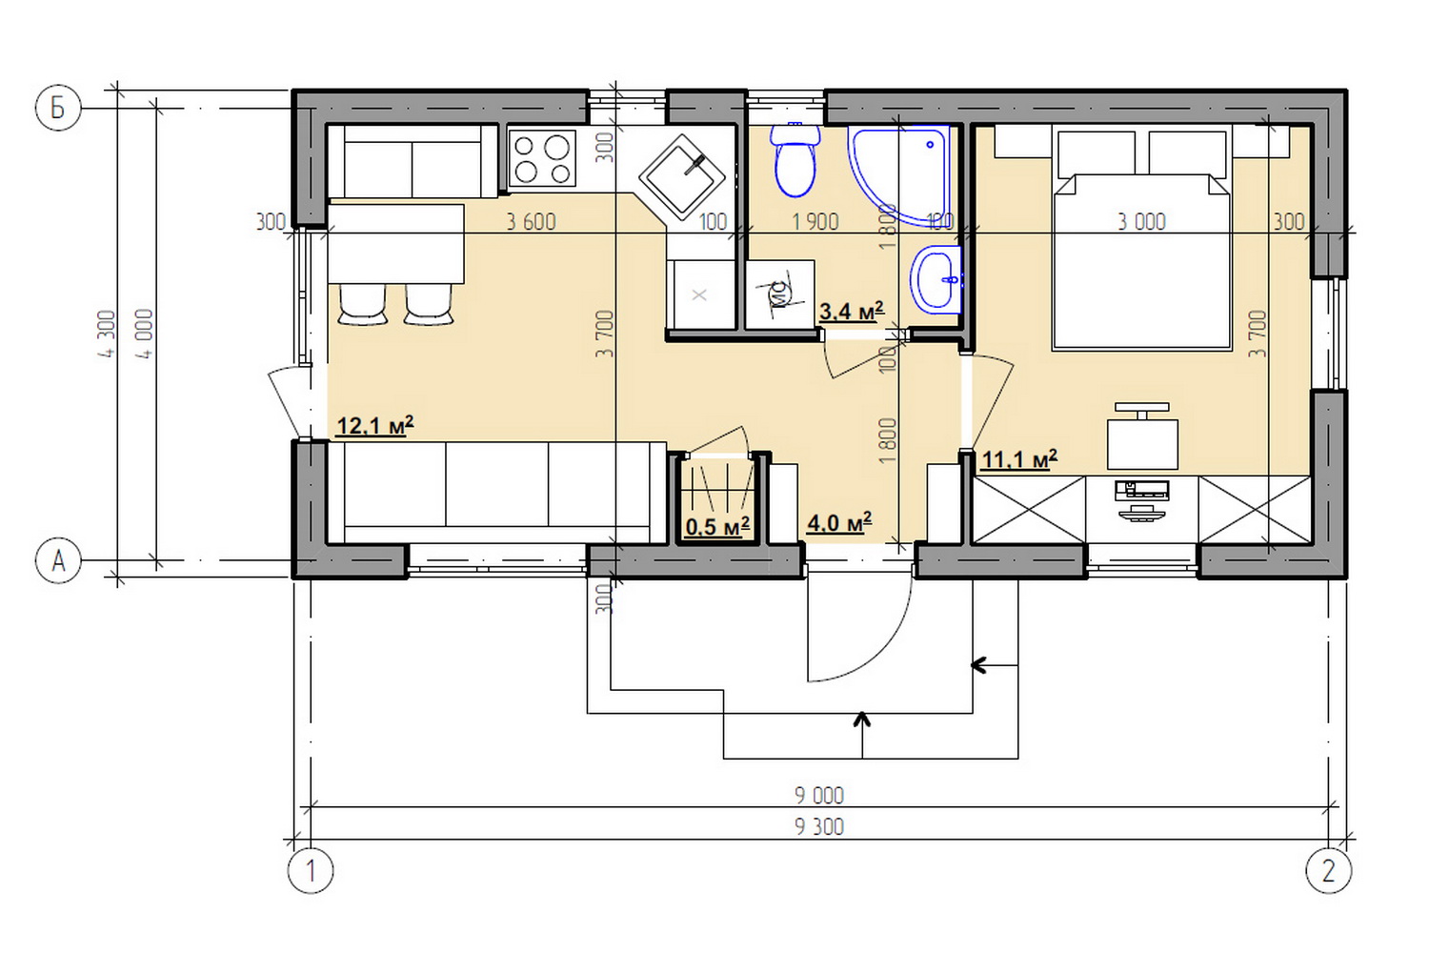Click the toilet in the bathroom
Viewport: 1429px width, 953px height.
point(795,159)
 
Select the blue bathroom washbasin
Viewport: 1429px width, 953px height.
point(936,280)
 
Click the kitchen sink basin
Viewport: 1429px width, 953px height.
point(682,175)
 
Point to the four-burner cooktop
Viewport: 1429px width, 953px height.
point(542,159)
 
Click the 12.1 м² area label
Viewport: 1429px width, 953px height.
point(375,425)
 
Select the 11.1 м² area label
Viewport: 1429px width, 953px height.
point(1019,459)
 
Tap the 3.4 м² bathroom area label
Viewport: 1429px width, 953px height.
point(852,312)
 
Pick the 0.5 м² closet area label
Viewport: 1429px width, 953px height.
point(717,527)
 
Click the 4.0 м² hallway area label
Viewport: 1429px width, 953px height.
point(839,523)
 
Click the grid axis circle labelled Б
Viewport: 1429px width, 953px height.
point(58,108)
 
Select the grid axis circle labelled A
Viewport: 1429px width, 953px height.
point(58,560)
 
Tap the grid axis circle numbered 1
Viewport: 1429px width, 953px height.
point(311,871)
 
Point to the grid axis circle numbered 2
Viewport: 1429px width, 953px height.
point(1329,871)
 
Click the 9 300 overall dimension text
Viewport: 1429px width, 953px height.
point(819,827)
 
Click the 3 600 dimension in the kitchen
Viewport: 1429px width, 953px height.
point(531,222)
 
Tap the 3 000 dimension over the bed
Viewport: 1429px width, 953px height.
point(1142,222)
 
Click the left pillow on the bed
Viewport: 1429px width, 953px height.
point(1097,153)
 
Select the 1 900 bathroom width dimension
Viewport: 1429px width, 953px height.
point(815,222)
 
